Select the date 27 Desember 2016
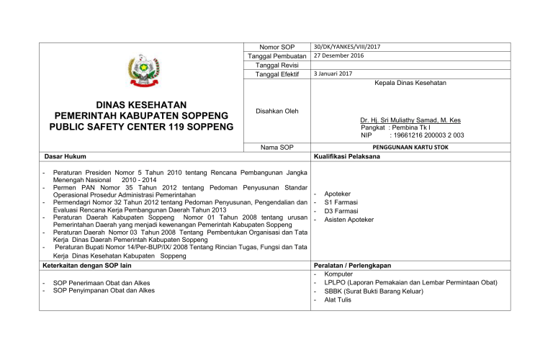point(339,55)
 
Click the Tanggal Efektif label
point(277,74)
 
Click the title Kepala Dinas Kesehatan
point(410,84)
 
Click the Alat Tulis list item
point(338,300)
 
